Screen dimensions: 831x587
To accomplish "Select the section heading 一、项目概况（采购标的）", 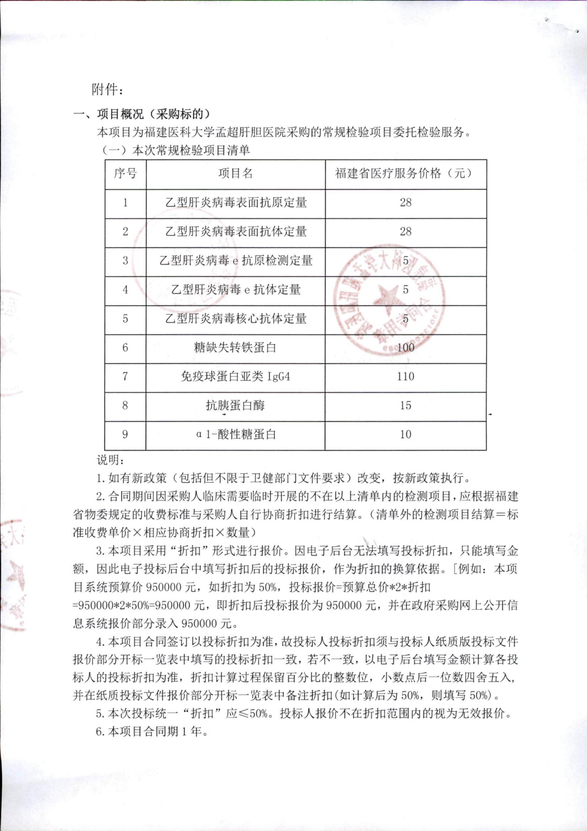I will [141, 114].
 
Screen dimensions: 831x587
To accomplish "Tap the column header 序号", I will [125, 174].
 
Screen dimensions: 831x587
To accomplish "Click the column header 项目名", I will [235, 174].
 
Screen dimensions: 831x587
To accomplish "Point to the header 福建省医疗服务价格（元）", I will [405, 174].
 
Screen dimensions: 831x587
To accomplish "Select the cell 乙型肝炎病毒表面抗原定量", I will [236, 203].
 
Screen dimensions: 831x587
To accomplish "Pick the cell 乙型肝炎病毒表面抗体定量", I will [236, 232].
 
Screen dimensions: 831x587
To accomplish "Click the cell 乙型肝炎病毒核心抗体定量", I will [236, 319].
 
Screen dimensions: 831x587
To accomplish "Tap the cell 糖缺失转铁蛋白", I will [235, 348].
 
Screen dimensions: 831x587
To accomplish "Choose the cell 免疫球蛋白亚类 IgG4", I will [235, 377].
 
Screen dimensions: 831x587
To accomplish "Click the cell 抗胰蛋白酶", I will [235, 406].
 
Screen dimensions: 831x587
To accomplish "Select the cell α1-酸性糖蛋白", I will [236, 434].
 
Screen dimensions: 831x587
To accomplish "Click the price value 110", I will [405, 377].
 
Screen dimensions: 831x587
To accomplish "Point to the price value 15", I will [405, 406].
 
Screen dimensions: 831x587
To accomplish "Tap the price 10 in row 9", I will [405, 434].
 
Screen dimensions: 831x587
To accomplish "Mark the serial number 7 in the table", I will [125, 377].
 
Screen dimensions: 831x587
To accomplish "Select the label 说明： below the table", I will [111, 460].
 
